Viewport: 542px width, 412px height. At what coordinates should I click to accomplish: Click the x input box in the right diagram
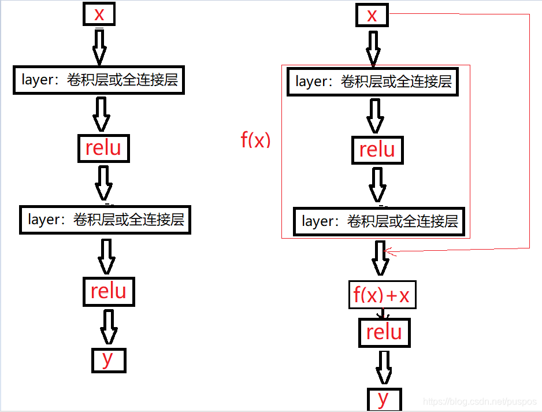[372, 16]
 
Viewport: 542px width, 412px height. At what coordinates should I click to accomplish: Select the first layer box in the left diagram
[99, 80]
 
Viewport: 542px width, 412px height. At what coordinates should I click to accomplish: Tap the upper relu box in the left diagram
[103, 148]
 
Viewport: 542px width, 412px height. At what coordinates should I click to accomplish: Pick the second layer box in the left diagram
[105, 220]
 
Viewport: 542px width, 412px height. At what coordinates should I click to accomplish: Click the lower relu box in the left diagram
[109, 291]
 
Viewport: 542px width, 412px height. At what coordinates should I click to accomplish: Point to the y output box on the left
[108, 359]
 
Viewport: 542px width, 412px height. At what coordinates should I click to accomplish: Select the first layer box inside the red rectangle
[373, 81]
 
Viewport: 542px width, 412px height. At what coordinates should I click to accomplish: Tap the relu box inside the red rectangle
[377, 150]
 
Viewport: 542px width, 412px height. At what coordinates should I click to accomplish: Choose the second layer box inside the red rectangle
[380, 221]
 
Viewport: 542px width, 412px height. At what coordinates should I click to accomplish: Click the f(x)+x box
[381, 295]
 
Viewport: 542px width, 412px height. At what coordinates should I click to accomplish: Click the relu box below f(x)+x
[384, 332]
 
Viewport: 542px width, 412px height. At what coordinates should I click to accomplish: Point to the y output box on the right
[383, 399]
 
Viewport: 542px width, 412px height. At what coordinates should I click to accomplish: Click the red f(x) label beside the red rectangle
[255, 140]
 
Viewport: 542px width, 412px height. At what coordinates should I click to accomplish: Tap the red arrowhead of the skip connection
[389, 252]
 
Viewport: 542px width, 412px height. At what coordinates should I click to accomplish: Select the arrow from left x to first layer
[99, 46]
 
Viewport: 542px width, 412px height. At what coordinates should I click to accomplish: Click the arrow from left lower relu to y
[109, 326]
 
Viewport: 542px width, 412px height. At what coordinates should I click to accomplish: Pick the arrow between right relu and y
[384, 367]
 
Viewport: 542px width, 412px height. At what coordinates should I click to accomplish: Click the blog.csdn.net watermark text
[479, 401]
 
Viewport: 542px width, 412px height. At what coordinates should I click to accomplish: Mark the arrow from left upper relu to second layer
[104, 183]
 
